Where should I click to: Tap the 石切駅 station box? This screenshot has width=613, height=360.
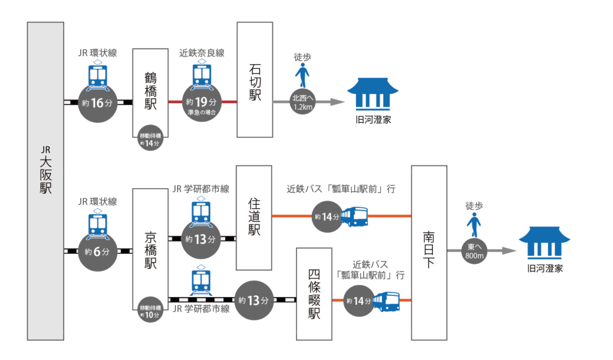(255, 80)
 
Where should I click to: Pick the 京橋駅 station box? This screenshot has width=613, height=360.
(150, 249)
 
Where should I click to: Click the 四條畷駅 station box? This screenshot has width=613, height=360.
(314, 294)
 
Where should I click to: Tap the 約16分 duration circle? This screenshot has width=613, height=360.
(98, 102)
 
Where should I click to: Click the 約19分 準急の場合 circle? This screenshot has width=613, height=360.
(202, 103)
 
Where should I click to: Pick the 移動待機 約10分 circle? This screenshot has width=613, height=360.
(150, 311)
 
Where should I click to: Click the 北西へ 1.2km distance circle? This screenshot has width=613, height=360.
(302, 102)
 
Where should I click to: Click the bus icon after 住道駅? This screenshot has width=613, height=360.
(354, 216)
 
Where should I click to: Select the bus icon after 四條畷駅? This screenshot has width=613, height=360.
(386, 301)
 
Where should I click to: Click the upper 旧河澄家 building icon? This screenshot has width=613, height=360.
(372, 94)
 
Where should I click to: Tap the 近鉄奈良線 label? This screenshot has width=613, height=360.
(202, 53)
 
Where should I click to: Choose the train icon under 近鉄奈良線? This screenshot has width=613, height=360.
(202, 74)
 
